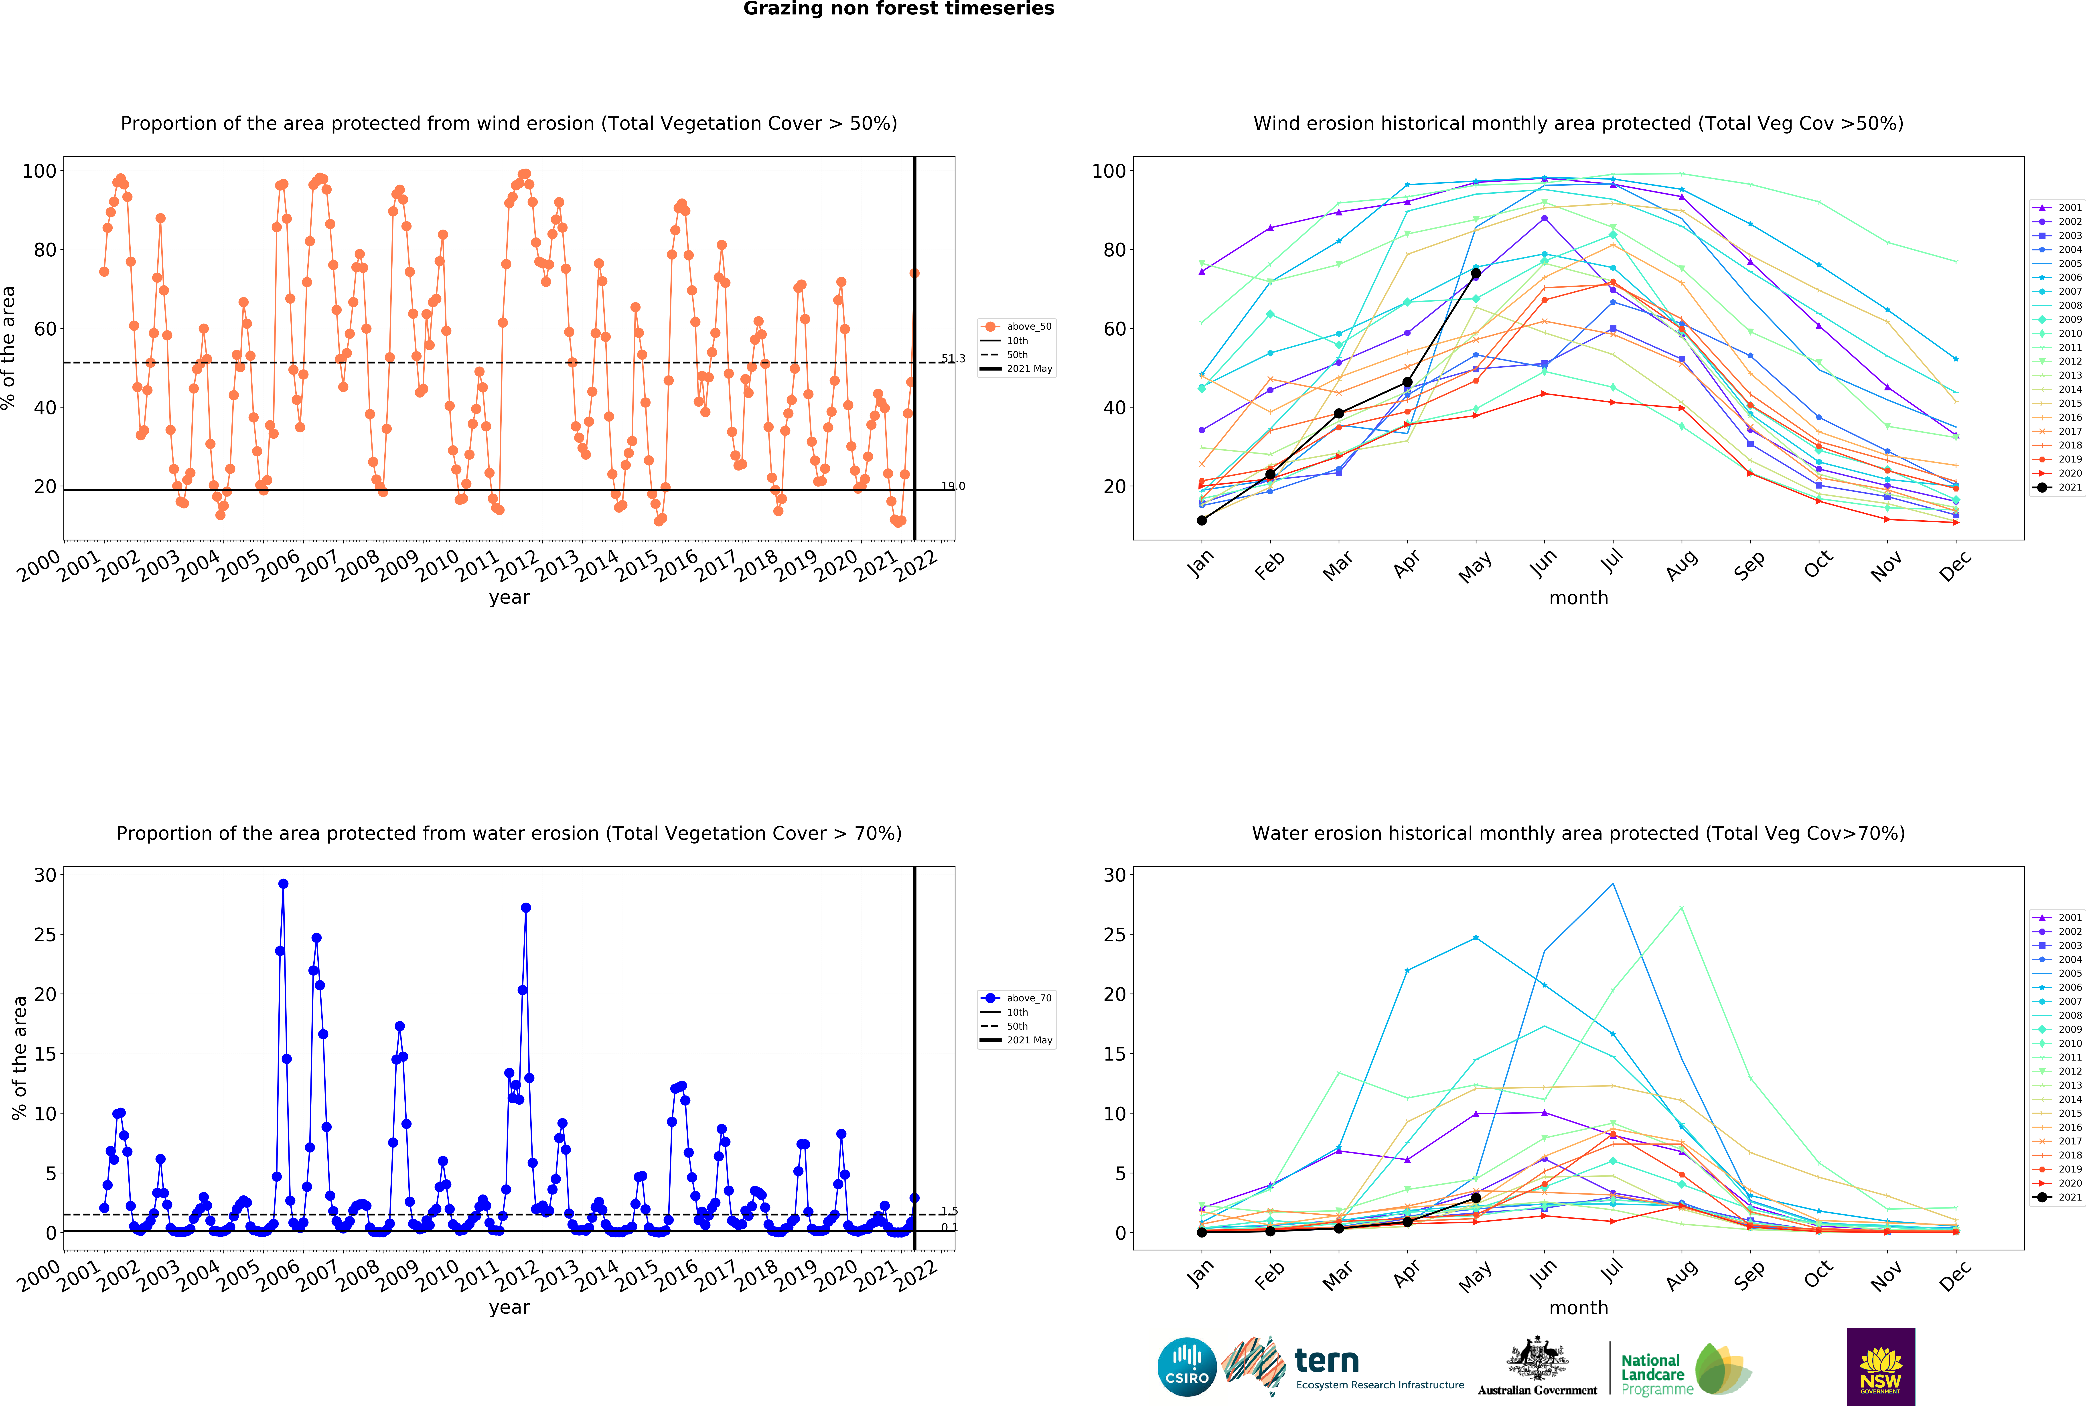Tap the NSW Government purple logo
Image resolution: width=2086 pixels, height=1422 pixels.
(x=1880, y=1366)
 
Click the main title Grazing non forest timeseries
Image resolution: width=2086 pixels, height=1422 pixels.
(x=898, y=9)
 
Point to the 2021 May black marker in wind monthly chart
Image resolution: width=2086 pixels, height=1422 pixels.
(x=1476, y=273)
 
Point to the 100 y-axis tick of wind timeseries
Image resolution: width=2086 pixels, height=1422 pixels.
(x=39, y=170)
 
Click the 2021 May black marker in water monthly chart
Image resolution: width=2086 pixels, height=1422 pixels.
(x=1476, y=1198)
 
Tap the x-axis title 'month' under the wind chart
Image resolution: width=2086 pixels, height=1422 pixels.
(x=1578, y=598)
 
